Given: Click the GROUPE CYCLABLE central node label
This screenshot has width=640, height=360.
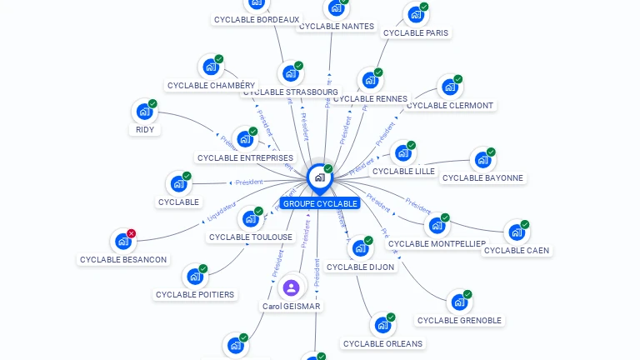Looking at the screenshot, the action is (320, 203).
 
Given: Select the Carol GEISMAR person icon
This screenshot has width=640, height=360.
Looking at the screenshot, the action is (291, 288).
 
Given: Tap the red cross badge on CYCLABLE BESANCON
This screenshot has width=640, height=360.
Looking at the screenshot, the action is (131, 234).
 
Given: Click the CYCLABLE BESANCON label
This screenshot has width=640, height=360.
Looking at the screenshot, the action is (123, 259).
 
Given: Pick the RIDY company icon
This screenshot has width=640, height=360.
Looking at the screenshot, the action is (145, 112).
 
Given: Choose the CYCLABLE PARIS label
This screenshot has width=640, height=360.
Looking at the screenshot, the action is (416, 33).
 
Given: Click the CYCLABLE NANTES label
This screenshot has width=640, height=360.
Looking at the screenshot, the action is (337, 27).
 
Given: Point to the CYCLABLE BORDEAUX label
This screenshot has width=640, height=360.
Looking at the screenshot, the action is (257, 19).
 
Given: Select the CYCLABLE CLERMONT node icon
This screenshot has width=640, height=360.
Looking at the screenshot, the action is (450, 87).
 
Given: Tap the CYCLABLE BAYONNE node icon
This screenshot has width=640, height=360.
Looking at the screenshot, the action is (482, 160).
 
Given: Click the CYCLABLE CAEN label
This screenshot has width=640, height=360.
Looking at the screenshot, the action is (517, 250).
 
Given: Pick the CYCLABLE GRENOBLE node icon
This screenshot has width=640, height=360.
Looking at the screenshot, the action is (459, 302).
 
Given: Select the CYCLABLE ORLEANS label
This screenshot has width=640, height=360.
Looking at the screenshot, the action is (382, 343).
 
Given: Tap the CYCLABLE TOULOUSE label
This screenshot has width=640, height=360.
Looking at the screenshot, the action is (251, 237).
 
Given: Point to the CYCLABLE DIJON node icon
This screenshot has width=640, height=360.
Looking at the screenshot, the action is (360, 249).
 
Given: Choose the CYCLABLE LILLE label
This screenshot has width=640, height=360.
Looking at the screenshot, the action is (403, 171).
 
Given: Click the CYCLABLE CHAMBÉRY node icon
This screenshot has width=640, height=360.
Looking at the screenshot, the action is (210, 67).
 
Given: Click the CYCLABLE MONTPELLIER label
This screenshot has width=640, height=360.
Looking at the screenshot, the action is (437, 243).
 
